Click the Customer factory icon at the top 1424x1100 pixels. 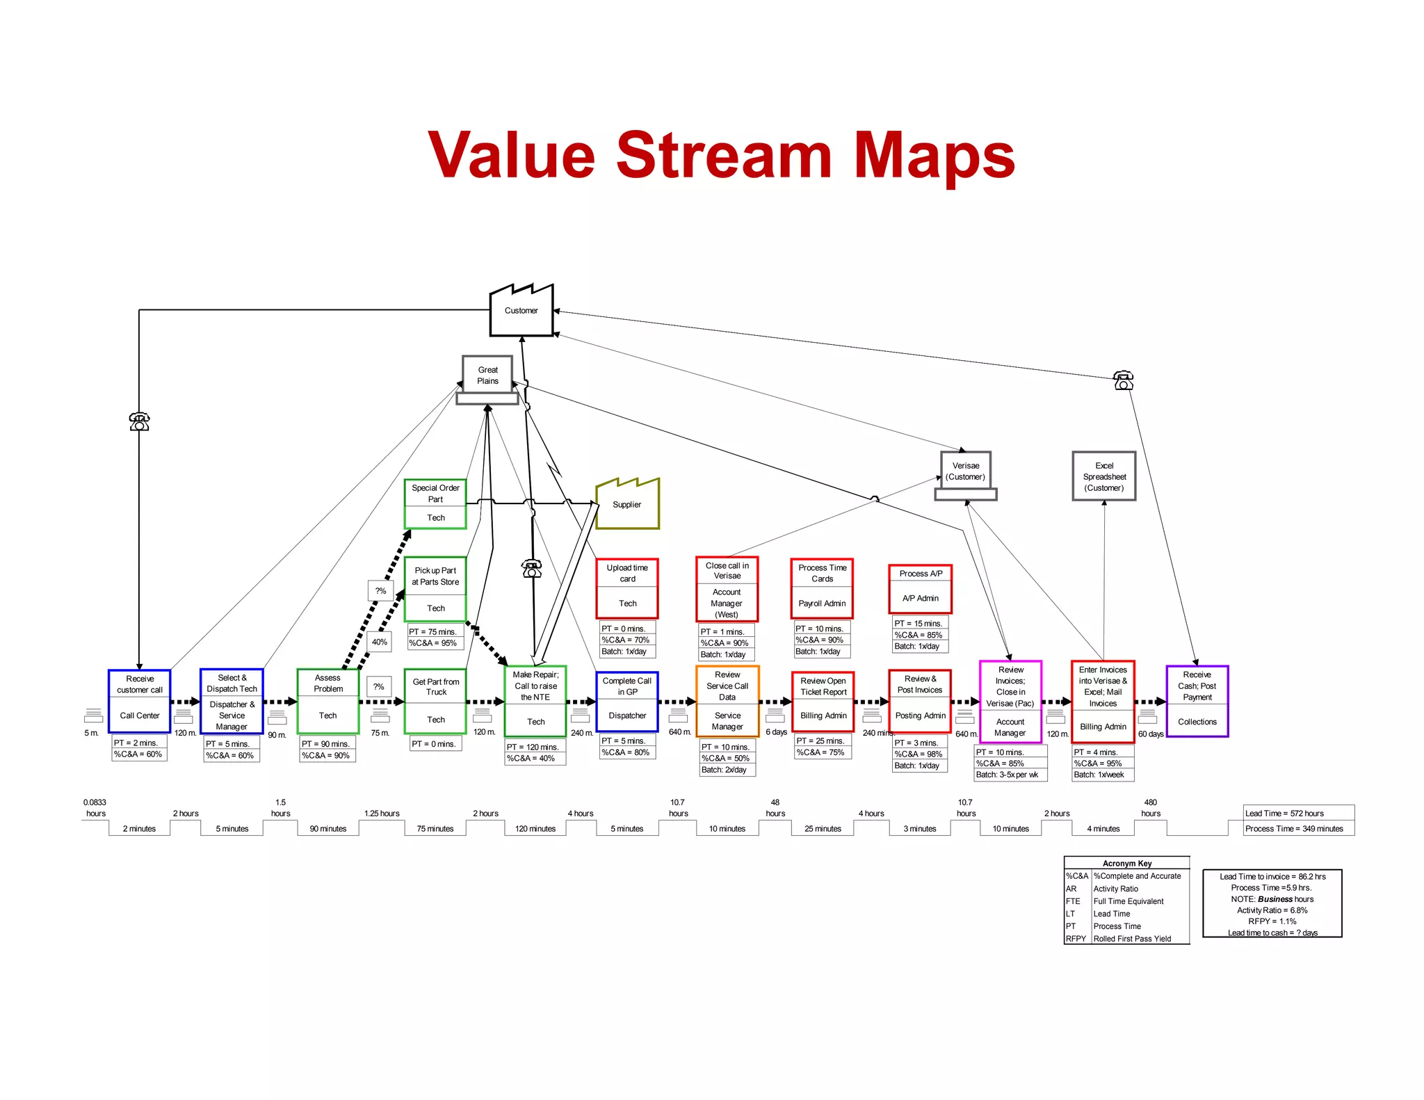(521, 311)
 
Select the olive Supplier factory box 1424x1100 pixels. (627, 505)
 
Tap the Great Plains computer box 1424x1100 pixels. (487, 375)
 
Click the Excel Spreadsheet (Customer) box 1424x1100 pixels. (1103, 476)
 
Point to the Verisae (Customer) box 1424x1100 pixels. (965, 471)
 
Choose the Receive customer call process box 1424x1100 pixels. (140, 701)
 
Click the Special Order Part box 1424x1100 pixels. (435, 503)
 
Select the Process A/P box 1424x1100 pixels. (920, 588)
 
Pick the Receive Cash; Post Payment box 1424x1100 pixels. (1197, 701)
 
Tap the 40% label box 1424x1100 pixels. (379, 642)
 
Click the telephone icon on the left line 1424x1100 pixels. (139, 421)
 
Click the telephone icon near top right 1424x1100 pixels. (1123, 380)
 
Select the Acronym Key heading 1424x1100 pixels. (1126, 863)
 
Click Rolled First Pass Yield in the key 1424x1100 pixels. (1132, 939)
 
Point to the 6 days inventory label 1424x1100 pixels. (776, 732)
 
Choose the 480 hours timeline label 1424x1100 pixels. (1150, 807)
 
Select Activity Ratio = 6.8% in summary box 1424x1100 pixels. (1272, 910)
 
